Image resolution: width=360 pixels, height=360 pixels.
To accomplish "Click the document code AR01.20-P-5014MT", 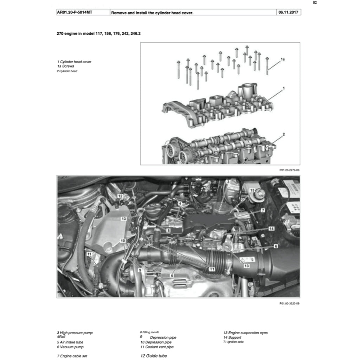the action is point(75,12).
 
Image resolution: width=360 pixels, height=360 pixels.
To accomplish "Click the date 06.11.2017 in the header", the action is point(288,12).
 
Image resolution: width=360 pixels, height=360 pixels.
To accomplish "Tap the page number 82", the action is point(315,3).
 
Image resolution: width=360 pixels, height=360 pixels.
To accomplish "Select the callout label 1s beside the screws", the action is point(283,59).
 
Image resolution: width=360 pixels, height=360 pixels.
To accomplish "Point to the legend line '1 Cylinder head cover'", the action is point(74,62).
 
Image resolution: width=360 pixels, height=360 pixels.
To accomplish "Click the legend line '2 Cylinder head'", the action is point(67,71).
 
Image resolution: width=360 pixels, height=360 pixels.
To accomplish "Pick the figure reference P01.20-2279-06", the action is point(289,170).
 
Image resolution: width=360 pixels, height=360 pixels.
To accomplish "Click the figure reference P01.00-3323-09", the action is point(289,303).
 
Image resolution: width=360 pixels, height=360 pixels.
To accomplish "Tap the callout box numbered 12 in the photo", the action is point(120,196).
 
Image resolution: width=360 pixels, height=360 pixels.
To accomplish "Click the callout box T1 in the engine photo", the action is point(212,269).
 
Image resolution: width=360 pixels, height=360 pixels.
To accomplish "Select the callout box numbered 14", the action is point(271,229).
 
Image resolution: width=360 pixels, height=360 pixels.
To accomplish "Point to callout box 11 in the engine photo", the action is point(89,254).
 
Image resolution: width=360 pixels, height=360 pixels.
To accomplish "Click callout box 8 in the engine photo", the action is point(168,230).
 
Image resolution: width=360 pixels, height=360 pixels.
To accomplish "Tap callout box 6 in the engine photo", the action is point(276,246).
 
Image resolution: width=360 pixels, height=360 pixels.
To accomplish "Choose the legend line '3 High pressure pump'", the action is point(75,333).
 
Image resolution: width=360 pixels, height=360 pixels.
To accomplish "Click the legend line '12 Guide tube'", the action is point(154,356).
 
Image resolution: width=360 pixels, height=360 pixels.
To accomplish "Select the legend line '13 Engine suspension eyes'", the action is point(245,333).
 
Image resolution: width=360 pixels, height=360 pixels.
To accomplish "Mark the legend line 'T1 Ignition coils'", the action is point(233,342).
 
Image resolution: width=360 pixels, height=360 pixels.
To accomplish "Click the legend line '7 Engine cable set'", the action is point(72,356).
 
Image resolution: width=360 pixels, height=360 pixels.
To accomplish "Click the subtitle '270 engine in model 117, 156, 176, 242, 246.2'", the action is point(98,33).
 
